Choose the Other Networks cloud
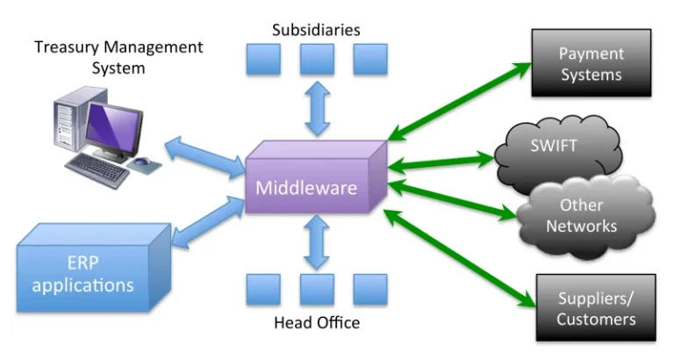[581, 215]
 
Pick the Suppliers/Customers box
[595, 307]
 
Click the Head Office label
[316, 323]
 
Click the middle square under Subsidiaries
[316, 60]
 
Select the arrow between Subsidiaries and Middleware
[316, 112]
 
